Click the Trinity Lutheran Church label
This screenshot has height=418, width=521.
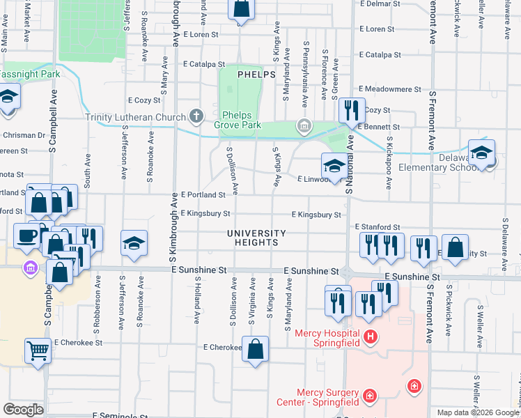(x=136, y=117)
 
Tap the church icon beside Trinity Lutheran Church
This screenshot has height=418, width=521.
(x=196, y=116)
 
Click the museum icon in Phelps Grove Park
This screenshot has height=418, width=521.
(x=304, y=126)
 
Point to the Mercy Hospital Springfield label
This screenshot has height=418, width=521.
(x=327, y=338)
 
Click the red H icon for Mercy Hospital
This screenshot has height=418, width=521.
(x=371, y=338)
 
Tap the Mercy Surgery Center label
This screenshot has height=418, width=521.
(x=327, y=397)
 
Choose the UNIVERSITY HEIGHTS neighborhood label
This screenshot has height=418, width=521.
(x=255, y=238)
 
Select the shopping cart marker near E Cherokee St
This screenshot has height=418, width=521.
(x=38, y=350)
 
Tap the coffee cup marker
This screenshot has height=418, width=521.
(x=27, y=235)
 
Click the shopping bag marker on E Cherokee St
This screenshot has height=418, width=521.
(x=256, y=350)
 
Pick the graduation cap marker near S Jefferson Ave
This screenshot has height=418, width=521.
(x=134, y=243)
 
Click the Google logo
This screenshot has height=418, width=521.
(x=23, y=409)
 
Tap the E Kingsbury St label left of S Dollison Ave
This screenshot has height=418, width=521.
(x=205, y=213)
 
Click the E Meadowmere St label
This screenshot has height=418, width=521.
(x=390, y=89)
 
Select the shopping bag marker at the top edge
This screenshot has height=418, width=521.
(x=241, y=8)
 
